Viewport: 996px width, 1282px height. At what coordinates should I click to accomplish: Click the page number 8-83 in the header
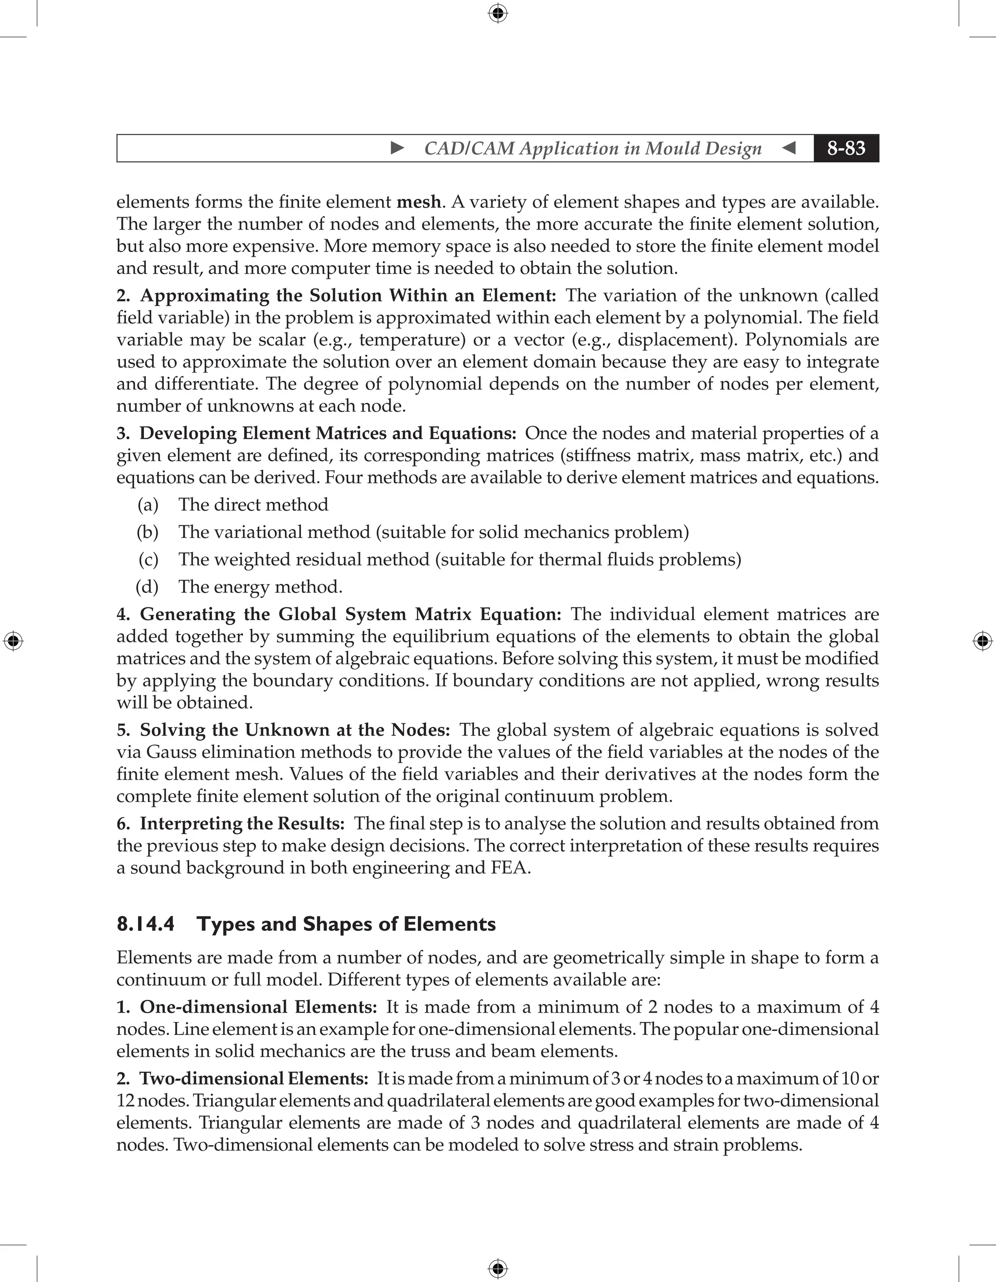[846, 148]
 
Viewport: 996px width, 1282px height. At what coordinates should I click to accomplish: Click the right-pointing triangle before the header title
[397, 148]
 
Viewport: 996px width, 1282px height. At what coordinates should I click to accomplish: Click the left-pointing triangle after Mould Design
[789, 148]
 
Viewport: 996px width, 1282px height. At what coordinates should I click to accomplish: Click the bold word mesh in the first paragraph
[418, 202]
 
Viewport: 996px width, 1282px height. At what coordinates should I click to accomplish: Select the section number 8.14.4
[145, 924]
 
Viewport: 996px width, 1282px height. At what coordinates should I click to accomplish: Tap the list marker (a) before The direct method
[148, 505]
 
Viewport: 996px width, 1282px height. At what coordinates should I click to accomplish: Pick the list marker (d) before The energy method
[147, 587]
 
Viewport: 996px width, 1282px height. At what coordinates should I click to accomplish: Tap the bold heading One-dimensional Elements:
[258, 1007]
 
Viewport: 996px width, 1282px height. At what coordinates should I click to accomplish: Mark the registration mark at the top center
[498, 13]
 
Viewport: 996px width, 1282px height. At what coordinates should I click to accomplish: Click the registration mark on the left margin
[13, 641]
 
